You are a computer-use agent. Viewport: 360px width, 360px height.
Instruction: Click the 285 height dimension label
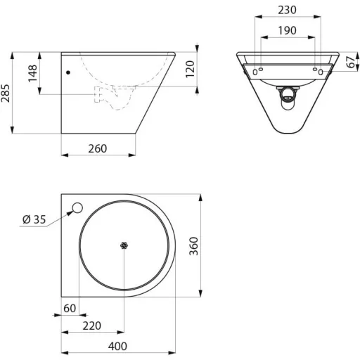(6, 93)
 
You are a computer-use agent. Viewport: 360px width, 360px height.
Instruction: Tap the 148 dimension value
(32, 73)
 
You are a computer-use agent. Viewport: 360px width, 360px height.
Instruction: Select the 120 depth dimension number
(191, 69)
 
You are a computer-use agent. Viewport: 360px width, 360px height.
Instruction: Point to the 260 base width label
(98, 148)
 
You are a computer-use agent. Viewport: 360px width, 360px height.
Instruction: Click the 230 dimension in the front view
(287, 10)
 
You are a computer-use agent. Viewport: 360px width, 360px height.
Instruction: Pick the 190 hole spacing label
(287, 30)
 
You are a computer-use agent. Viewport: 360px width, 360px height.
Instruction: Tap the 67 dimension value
(351, 62)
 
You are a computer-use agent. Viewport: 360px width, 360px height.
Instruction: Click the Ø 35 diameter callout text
(34, 219)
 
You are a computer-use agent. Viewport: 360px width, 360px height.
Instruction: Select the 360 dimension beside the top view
(194, 246)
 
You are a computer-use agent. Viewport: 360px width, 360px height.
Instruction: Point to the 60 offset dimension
(70, 308)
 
